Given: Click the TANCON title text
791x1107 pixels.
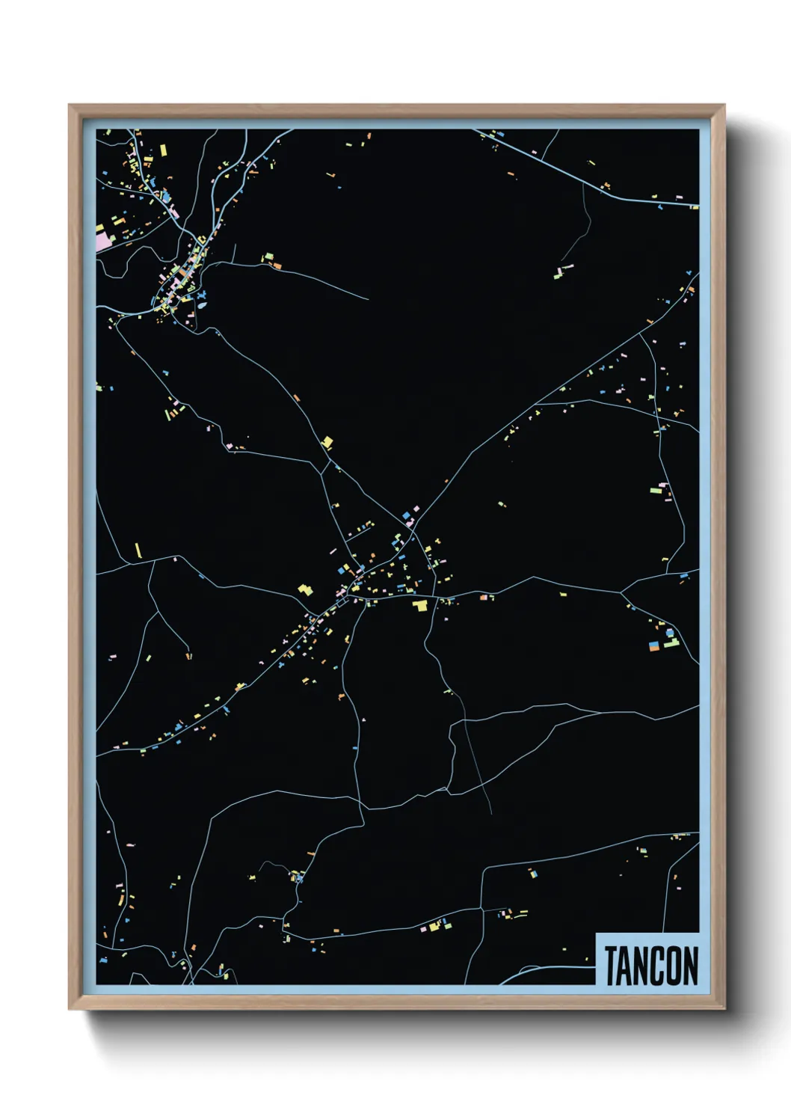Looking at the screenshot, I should (650, 966).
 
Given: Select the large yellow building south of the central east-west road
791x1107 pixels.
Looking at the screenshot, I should (421, 605).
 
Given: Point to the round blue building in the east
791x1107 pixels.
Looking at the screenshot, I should (670, 633).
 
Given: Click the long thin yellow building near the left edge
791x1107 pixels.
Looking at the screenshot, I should (138, 551).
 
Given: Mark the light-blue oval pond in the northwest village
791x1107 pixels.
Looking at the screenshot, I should (202, 305).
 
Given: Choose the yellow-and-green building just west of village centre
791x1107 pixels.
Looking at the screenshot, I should (305, 589).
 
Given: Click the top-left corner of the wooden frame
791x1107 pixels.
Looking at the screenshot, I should (70, 106).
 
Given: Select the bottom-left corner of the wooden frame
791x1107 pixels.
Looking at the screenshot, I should (70, 1008).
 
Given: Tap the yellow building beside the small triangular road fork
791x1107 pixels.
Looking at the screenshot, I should (327, 443).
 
